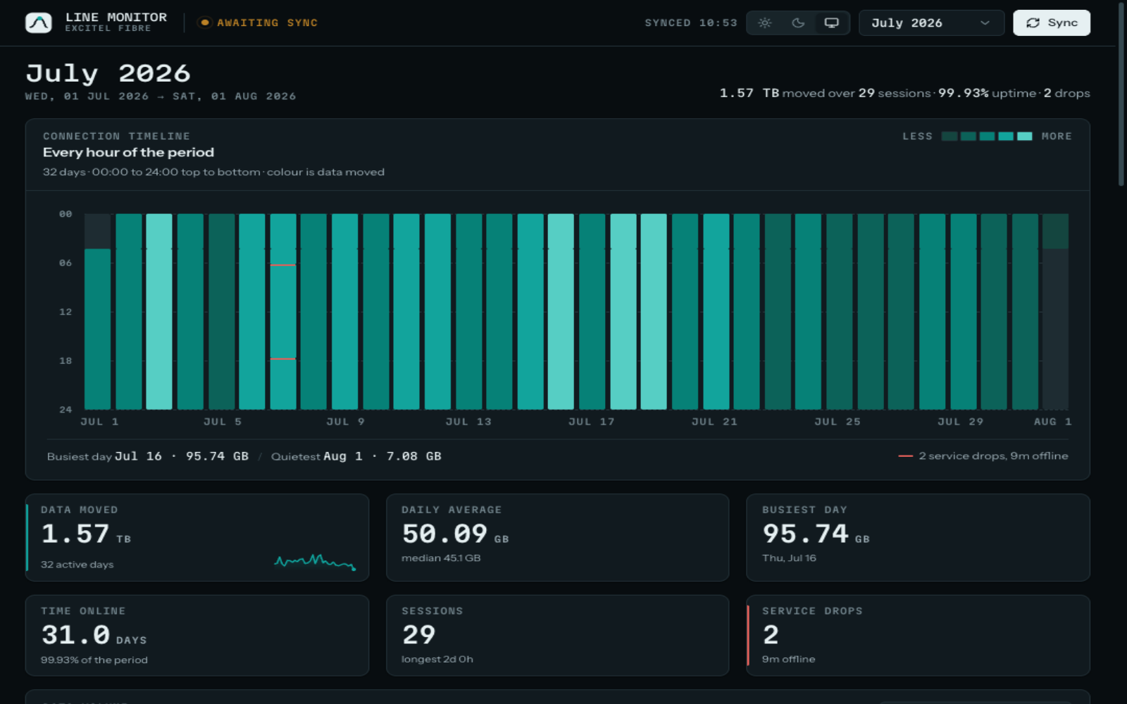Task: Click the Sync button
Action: coord(1052,23)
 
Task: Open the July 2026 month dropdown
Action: coord(931,23)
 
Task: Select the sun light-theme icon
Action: coord(765,23)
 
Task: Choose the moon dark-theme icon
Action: coord(798,23)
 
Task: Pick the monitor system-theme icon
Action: coord(832,23)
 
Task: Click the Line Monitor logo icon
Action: coord(39,23)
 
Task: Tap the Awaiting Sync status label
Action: coord(267,23)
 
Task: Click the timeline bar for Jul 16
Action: coord(561,312)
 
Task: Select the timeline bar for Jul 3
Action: coord(159,312)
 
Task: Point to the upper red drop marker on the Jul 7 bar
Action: coord(282,265)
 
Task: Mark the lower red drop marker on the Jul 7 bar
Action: coord(282,358)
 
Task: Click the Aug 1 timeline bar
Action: coord(1056,312)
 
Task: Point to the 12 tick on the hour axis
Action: coord(66,312)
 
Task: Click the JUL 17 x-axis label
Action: coord(592,422)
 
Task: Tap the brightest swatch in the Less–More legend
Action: coord(1025,137)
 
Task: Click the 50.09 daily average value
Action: coord(444,534)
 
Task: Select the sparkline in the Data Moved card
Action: coord(315,562)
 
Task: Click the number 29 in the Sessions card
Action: coord(418,634)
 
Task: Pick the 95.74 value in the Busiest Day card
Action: coord(805,534)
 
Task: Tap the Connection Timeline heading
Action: coord(116,137)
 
